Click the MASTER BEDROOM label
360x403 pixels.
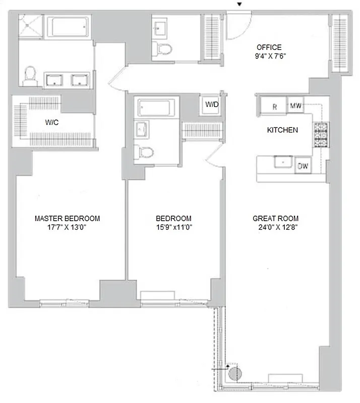[x=67, y=218]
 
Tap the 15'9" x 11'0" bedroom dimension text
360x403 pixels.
[x=173, y=227]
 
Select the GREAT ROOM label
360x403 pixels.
[x=275, y=218]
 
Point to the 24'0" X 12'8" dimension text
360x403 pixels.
[x=275, y=227]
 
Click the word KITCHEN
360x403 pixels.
[x=282, y=130]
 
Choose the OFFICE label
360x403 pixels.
[x=269, y=47]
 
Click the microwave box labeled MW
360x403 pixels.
[x=296, y=106]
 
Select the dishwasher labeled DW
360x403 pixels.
[x=303, y=166]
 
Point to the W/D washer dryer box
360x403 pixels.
[x=211, y=105]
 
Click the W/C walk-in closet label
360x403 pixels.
[x=52, y=121]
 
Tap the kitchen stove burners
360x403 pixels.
[x=320, y=135]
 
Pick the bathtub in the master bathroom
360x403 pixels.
[x=69, y=26]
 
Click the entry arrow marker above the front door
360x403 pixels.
[x=240, y=5]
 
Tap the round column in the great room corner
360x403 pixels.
[x=234, y=373]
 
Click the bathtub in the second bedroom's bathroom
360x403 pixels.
[x=156, y=108]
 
